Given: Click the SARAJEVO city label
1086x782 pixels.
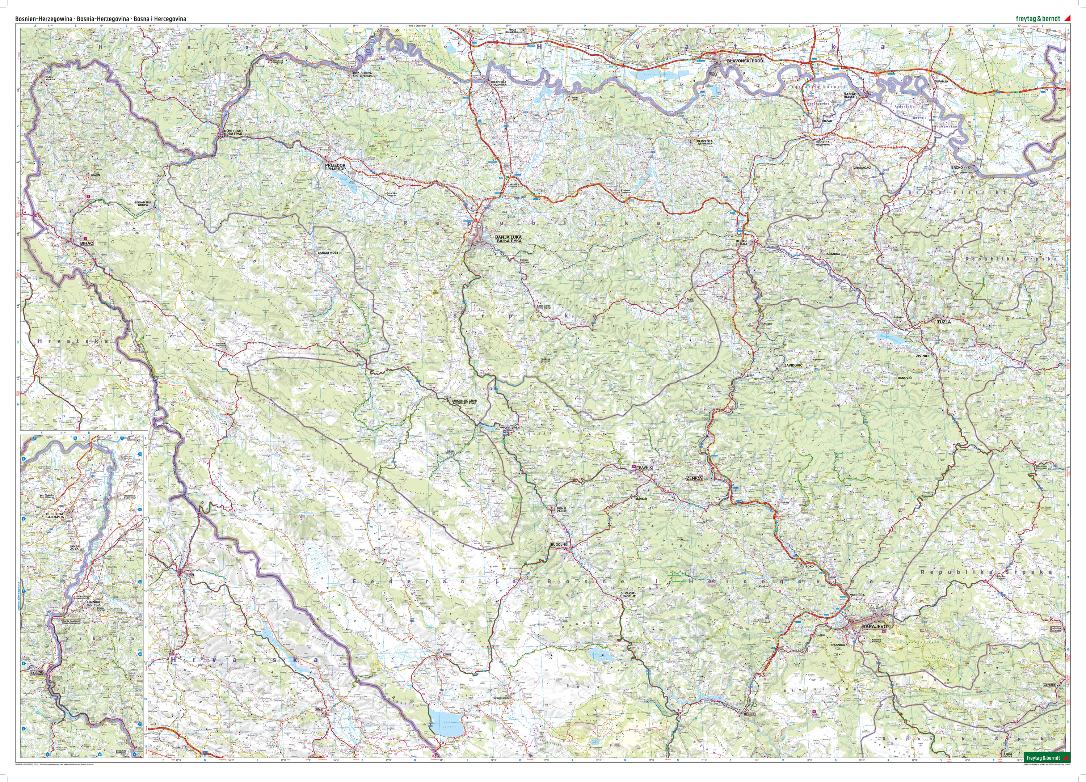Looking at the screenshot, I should (x=874, y=626).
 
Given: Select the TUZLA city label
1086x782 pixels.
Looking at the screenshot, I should (x=944, y=322).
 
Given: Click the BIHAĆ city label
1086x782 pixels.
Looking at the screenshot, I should (x=87, y=243).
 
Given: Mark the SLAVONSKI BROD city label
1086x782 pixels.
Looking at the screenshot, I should (x=745, y=61).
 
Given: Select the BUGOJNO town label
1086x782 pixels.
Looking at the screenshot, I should (x=559, y=545).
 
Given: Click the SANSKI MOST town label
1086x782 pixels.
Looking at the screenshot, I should (x=328, y=253).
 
